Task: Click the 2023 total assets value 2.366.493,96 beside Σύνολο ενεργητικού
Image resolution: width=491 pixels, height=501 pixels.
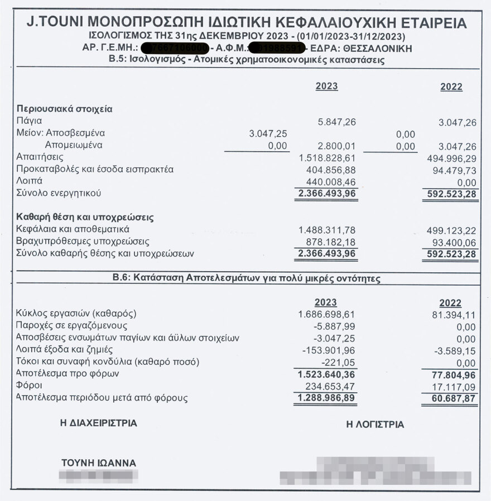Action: pyautogui.click(x=326, y=193)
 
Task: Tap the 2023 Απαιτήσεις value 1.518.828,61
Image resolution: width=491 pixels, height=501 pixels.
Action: pyautogui.click(x=328, y=157)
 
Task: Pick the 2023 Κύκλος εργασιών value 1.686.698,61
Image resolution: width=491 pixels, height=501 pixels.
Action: pyautogui.click(x=326, y=314)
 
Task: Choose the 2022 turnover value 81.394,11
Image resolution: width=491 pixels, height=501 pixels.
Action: pyautogui.click(x=454, y=315)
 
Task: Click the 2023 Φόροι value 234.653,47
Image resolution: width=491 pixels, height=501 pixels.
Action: pyautogui.click(x=331, y=386)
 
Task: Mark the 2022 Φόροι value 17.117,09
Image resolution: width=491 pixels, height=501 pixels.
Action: pyautogui.click(x=454, y=386)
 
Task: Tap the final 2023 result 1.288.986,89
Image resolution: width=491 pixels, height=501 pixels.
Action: pyautogui.click(x=326, y=398)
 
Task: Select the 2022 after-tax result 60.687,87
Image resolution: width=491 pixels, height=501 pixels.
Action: pyautogui.click(x=454, y=398)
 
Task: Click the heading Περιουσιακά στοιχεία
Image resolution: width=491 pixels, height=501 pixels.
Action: pyautogui.click(x=64, y=109)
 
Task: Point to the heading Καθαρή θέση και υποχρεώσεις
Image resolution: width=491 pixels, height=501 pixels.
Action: pyautogui.click(x=85, y=217)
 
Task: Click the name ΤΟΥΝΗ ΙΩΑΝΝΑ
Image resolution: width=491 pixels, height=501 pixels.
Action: pyautogui.click(x=99, y=463)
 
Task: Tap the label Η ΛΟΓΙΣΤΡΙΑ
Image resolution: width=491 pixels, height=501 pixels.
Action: pyautogui.click(x=375, y=425)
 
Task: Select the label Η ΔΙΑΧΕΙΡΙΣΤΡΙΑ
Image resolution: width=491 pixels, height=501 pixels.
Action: pyautogui.click(x=98, y=423)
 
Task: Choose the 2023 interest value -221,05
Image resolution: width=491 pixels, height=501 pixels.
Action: pyautogui.click(x=340, y=362)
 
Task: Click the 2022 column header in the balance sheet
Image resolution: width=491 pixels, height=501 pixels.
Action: pyautogui.click(x=451, y=87)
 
